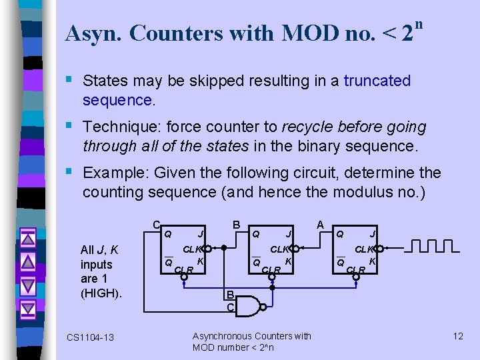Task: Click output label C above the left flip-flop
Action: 156,225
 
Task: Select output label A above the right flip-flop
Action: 320,225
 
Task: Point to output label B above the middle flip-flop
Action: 236,225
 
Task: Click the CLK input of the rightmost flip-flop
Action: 364,249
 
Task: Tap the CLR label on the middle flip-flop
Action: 271,270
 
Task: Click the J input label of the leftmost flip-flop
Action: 201,234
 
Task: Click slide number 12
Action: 457,335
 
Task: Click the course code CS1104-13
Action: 90,337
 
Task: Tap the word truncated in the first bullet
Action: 377,81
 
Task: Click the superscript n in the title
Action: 419,25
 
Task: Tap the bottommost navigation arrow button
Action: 28,309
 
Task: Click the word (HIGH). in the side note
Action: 101,293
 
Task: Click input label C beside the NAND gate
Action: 230,308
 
